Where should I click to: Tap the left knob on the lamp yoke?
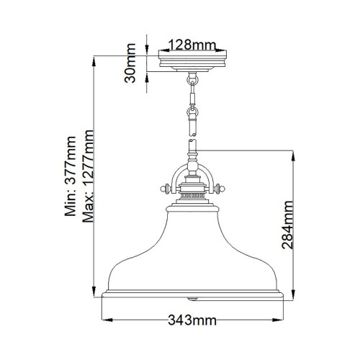click(x=164, y=190)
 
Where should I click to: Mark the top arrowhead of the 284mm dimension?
click(x=292, y=154)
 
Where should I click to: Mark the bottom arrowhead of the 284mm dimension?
click(x=292, y=294)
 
